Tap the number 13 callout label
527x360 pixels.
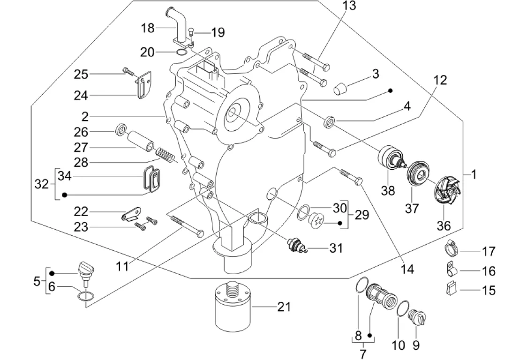coord(349,6)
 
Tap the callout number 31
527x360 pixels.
coord(336,248)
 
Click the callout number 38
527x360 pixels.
coord(388,191)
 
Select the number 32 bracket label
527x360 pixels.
coord(41,184)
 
